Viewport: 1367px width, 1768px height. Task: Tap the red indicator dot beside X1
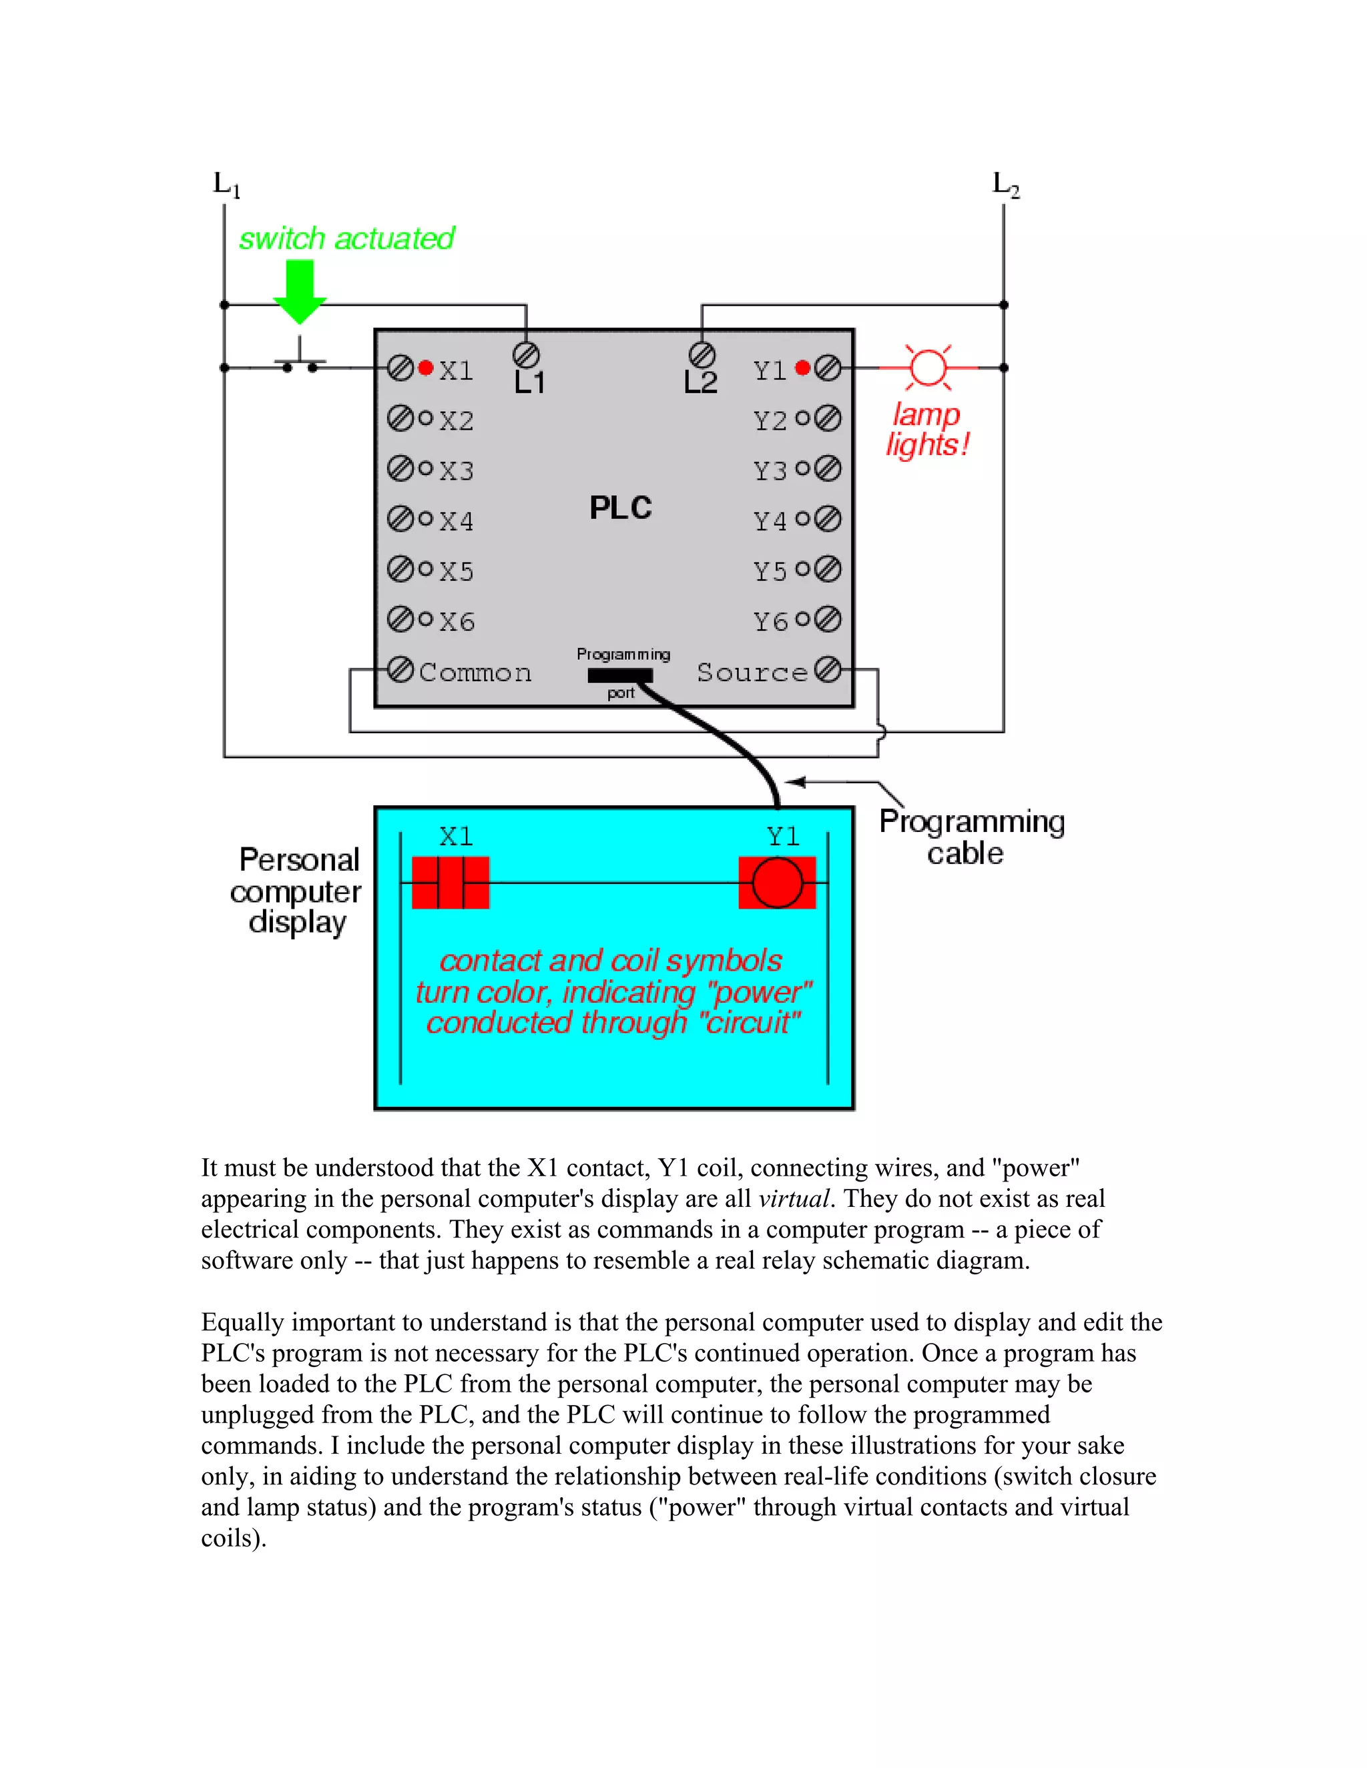(426, 368)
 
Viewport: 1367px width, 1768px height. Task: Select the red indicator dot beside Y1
(802, 368)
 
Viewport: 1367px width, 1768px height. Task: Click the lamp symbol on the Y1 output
(928, 368)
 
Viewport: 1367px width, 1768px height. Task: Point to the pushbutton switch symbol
(300, 362)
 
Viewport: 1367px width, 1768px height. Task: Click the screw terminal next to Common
(400, 669)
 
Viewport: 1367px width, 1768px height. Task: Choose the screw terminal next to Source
(828, 669)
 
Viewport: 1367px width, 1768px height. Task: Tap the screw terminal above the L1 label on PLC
(527, 354)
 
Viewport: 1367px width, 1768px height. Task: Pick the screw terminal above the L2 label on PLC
(702, 354)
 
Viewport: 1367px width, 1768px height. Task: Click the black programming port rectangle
(620, 675)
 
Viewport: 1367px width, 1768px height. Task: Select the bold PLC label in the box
(620, 508)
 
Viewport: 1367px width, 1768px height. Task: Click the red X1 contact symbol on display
(451, 883)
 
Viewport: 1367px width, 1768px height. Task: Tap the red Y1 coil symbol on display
(778, 883)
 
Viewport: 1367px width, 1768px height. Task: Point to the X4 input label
(457, 520)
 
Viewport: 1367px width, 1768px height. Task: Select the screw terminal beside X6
(400, 619)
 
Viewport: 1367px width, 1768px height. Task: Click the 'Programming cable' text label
(972, 837)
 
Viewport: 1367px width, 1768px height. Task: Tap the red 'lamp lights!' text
(928, 429)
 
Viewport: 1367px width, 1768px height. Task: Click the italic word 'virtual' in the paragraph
(794, 1198)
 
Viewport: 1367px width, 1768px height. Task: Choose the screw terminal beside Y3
(828, 469)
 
